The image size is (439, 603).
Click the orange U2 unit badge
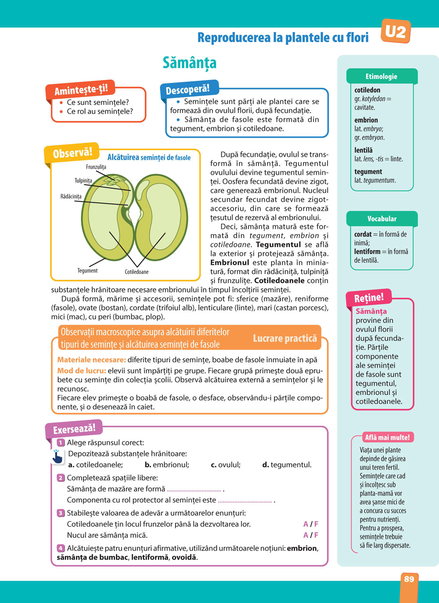tap(396, 32)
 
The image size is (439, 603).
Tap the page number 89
tap(409, 579)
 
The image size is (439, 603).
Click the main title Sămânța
tap(189, 62)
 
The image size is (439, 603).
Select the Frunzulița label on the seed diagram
tap(96, 167)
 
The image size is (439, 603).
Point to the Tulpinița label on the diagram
tap(83, 181)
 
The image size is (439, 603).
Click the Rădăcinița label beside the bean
tap(71, 196)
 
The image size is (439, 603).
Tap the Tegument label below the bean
tap(87, 271)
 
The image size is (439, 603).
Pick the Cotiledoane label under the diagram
tap(137, 272)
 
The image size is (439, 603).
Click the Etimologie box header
tap(381, 76)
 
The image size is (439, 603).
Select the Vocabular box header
tap(381, 219)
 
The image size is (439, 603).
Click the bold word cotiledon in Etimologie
tap(367, 90)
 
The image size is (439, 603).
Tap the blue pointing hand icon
tap(57, 457)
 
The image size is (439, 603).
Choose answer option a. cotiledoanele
tap(96, 465)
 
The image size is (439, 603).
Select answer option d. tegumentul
tap(287, 465)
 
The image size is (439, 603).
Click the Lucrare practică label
tap(284, 338)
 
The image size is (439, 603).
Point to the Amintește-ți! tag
tap(81, 90)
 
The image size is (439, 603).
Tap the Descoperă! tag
tap(188, 90)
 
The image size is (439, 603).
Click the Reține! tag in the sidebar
tap(369, 298)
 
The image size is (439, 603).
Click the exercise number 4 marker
tap(61, 548)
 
